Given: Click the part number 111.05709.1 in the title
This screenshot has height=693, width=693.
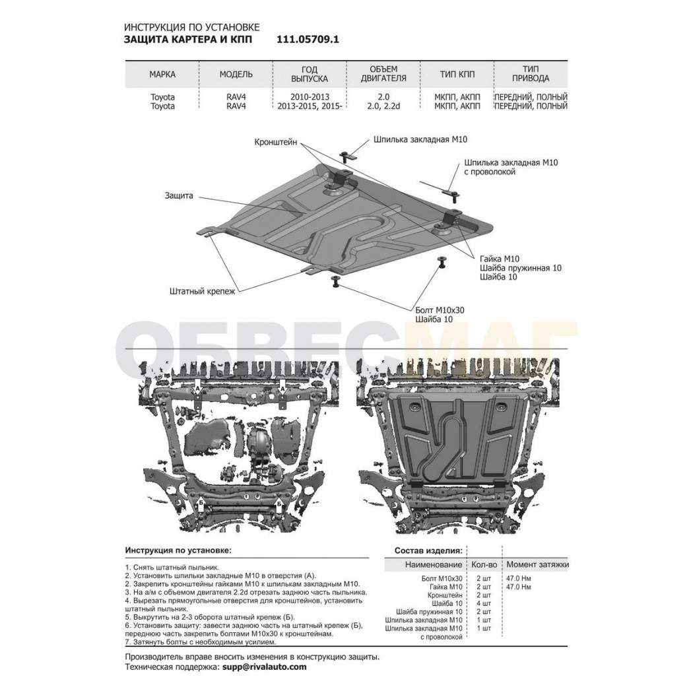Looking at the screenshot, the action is click(308, 40).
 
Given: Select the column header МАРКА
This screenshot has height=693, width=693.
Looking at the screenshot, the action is click(162, 74).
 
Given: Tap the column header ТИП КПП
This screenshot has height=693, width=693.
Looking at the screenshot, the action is click(457, 74).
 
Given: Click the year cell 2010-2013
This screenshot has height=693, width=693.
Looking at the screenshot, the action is click(310, 97).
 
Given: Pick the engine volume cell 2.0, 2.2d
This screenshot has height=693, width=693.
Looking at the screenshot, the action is click(383, 106).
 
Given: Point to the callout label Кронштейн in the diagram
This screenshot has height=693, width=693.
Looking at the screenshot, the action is click(276, 143).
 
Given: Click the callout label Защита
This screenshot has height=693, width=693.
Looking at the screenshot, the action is click(179, 195).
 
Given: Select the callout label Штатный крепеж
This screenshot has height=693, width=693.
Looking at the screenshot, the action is click(203, 291).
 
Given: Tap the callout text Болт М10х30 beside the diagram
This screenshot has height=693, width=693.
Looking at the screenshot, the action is click(440, 310).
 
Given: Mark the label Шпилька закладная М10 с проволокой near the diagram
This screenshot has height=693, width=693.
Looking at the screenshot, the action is click(511, 167).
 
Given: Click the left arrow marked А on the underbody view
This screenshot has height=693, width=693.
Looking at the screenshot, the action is click(197, 387).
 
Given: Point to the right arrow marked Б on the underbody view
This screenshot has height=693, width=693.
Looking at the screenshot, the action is click(279, 504).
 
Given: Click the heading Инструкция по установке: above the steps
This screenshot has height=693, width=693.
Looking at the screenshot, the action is click(178, 550).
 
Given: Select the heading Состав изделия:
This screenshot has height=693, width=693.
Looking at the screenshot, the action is click(429, 550).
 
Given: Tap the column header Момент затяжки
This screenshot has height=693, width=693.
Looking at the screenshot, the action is click(537, 564).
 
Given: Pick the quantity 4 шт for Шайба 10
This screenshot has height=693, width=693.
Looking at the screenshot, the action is click(484, 603).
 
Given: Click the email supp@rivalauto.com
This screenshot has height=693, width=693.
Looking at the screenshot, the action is click(262, 667).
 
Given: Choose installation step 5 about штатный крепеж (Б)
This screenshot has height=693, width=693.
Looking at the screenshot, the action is click(209, 617).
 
